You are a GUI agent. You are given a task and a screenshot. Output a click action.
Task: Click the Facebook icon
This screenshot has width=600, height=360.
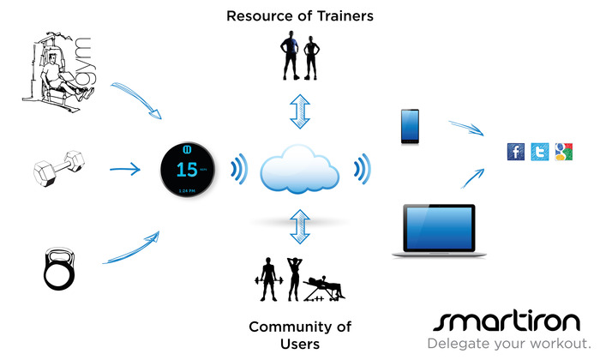tap(516, 153)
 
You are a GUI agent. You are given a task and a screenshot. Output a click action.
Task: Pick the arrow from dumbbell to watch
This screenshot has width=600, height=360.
tap(123, 168)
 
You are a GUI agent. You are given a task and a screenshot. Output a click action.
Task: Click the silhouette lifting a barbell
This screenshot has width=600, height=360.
tap(267, 279)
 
